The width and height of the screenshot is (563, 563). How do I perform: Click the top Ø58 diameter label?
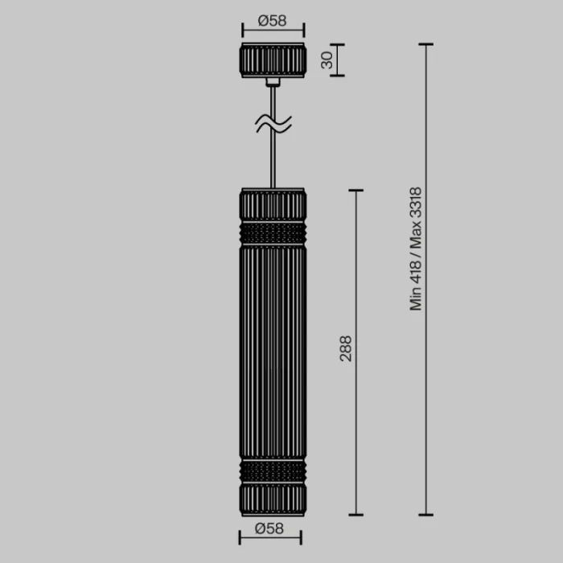(273, 21)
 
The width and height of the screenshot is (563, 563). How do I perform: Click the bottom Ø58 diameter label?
(271, 528)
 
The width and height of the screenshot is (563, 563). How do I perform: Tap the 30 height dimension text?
(327, 60)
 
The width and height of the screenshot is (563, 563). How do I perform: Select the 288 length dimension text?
(346, 348)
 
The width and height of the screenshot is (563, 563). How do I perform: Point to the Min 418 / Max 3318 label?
(416, 249)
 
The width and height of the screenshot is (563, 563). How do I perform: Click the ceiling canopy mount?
(273, 60)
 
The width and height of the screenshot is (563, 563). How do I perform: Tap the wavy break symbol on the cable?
(273, 123)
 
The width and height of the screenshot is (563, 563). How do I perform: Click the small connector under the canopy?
(273, 81)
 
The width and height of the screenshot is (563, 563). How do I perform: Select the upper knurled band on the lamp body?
(273, 233)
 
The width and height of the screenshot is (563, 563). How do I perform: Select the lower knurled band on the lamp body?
(273, 471)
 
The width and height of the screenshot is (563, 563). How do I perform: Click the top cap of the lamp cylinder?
(273, 204)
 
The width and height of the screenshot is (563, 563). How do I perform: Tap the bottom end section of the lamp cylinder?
(273, 499)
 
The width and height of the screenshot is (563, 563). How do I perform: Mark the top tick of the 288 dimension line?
(355, 191)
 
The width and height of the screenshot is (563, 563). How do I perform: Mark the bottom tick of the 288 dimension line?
(355, 515)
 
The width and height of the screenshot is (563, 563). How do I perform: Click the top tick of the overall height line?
(425, 44)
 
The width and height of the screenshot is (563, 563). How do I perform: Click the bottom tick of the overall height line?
(425, 515)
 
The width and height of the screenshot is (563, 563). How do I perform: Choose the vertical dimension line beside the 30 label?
(336, 60)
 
